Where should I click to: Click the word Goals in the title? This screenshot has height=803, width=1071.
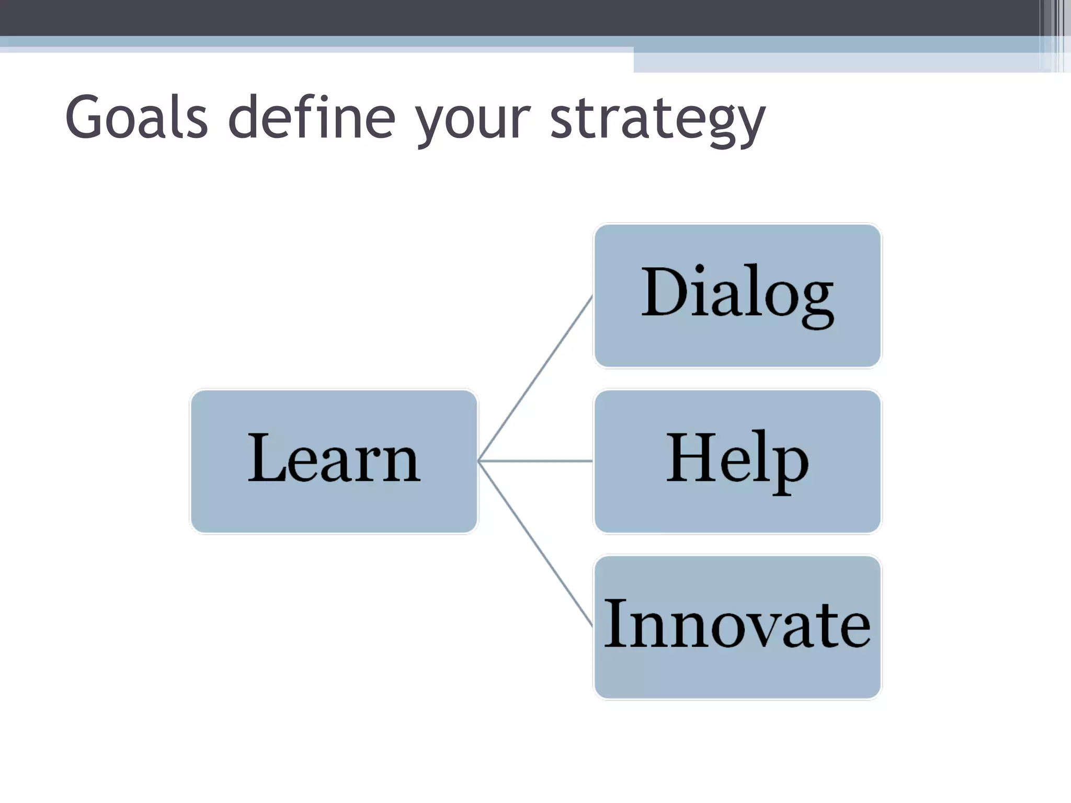pos(136,118)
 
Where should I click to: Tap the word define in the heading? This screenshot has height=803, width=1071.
pos(312,118)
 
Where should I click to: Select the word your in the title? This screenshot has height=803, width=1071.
pos(473,120)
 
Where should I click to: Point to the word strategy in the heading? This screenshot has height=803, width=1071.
pos(657,120)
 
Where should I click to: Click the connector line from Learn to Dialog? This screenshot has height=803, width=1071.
pos(536,377)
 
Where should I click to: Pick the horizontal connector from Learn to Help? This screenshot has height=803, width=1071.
pos(536,461)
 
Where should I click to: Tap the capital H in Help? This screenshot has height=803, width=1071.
pos(690,457)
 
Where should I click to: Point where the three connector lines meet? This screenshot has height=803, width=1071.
pos(479,461)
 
